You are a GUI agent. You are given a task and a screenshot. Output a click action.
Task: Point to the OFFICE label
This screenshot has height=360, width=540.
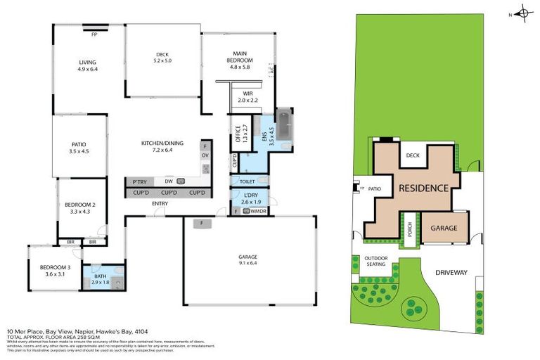pos(238,134)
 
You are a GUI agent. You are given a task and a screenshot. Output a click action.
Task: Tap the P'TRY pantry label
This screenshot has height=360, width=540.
pos(139,181)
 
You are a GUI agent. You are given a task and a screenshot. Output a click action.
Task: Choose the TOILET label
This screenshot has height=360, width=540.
pos(247,181)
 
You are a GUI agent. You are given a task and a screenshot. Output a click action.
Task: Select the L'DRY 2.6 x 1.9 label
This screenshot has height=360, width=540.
pos(250,198)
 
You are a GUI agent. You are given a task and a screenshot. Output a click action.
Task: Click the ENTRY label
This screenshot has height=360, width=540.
pos(160,204)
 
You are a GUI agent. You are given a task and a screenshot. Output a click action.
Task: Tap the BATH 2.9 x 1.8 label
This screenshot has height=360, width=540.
pos(101,278)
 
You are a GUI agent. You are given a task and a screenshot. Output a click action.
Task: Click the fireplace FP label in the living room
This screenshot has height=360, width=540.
pos(94,34)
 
